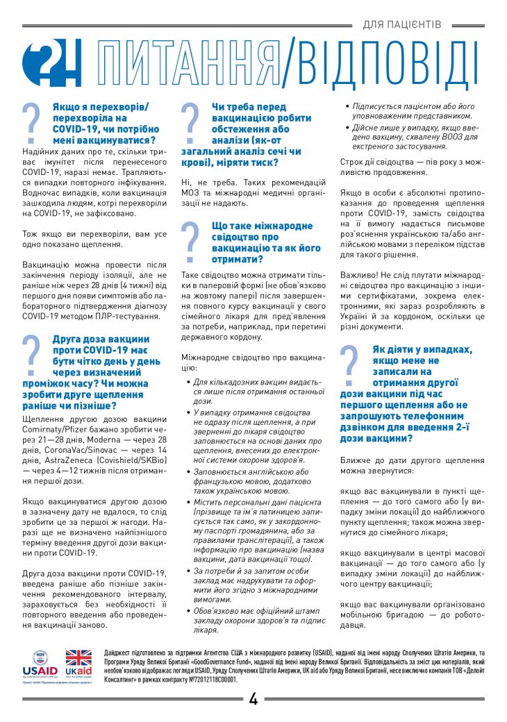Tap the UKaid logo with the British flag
(x=78, y=664)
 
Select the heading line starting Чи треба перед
(x=249, y=107)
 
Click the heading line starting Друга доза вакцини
(x=101, y=339)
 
